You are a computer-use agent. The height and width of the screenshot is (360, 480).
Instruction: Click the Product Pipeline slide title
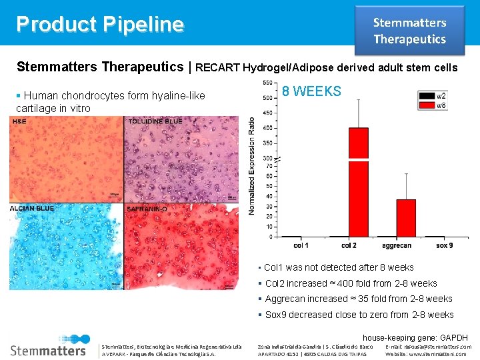point(100,24)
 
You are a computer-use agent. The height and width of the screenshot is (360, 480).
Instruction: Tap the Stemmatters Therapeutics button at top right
point(409,31)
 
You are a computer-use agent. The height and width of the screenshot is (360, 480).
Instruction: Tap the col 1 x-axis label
point(301,246)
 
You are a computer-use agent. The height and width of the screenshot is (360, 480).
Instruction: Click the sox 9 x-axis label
point(444,246)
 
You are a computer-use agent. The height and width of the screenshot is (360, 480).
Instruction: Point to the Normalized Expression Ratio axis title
point(251,166)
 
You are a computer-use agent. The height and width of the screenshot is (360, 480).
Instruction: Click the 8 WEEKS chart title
point(311,91)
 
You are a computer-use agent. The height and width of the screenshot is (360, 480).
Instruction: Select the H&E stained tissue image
point(67,159)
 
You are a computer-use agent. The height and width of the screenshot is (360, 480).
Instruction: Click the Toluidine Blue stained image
point(181,159)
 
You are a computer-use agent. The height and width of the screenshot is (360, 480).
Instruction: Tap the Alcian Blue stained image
point(67,246)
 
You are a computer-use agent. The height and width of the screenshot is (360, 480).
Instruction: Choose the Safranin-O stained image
point(181,246)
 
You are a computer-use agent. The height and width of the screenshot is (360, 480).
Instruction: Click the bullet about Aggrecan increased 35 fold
point(359,299)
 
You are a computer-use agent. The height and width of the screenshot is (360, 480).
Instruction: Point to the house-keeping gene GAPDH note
point(415,338)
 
